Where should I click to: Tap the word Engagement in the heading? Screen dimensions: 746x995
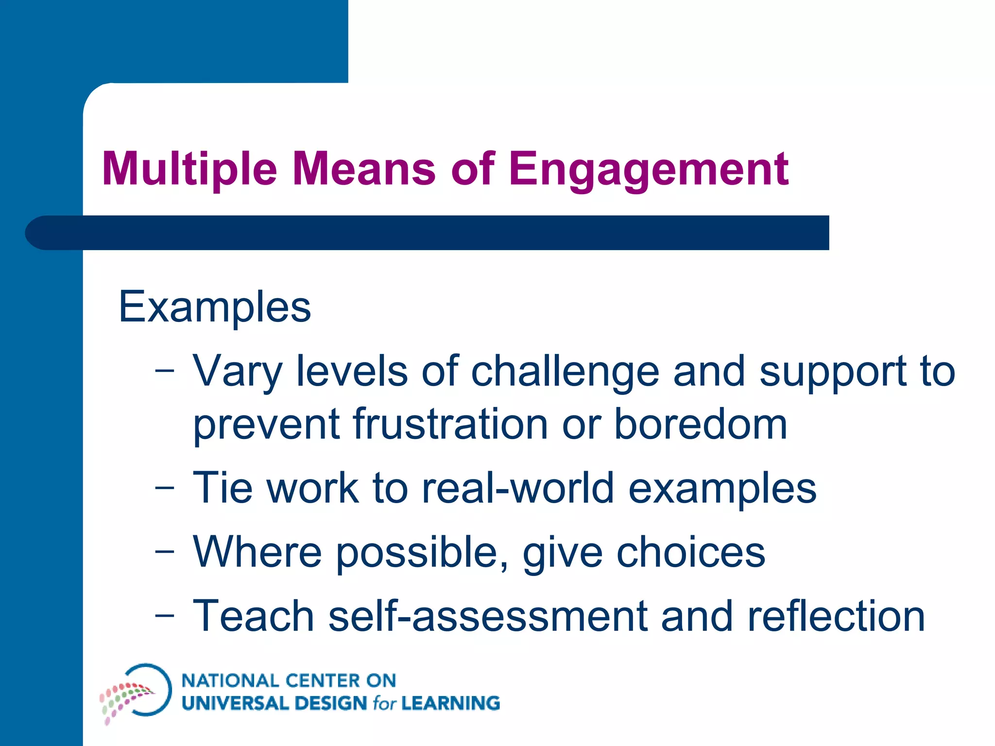[x=649, y=170]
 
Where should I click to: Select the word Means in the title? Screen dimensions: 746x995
[x=364, y=170]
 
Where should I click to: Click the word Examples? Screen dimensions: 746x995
[x=215, y=307]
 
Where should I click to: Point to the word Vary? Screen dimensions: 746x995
[x=237, y=372]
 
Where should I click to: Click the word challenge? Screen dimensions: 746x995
[x=565, y=372]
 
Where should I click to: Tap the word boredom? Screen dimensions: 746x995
[x=700, y=424]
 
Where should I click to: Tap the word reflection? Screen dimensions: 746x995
[x=836, y=616]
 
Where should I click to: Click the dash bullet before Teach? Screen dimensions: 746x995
[x=164, y=616]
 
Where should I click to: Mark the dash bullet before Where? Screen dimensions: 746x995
[x=164, y=552]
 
